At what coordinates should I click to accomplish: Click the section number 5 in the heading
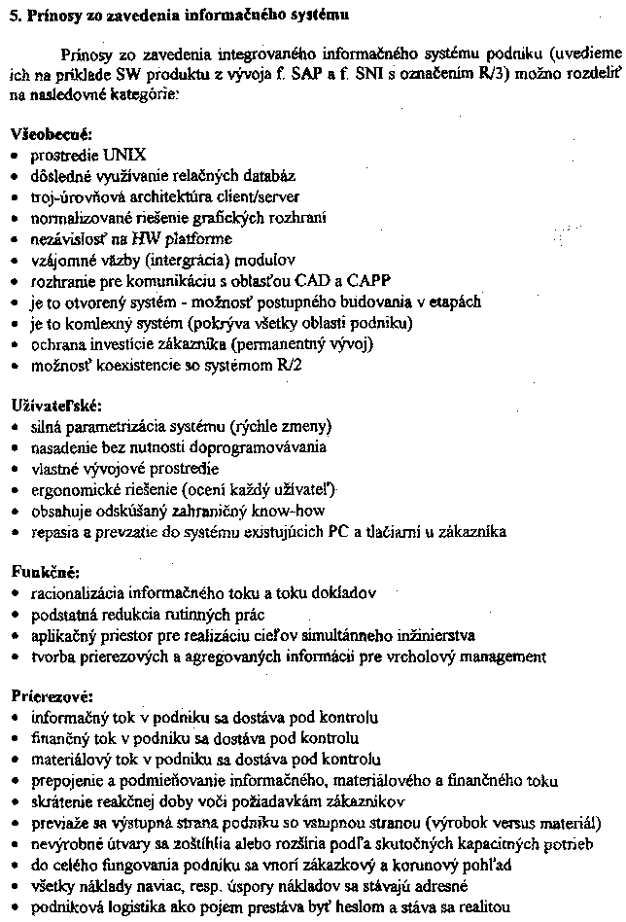13,16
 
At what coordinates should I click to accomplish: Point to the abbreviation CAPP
336,281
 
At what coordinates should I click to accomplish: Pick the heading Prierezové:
51,696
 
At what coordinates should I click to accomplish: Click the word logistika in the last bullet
131,906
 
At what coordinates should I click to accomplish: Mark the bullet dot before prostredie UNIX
14,156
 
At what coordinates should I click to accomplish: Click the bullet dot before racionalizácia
14,593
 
